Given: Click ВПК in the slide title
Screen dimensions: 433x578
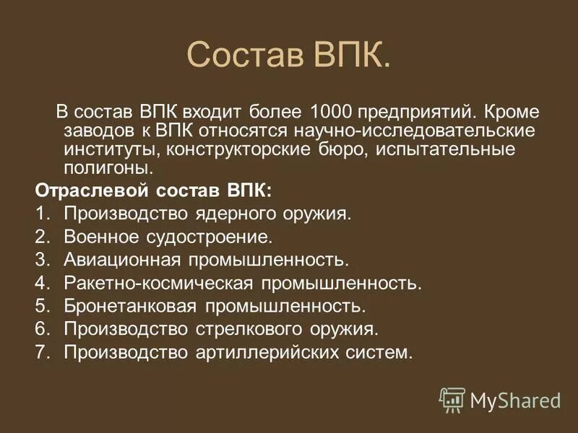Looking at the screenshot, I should click(x=351, y=56).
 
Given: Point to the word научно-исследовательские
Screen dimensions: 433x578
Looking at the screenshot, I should click(x=418, y=132).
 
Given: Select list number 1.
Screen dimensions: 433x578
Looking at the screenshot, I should click(x=41, y=214).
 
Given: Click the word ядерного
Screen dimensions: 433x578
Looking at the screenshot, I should click(x=239, y=214).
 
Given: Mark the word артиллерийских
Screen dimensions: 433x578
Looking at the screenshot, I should click(x=272, y=352).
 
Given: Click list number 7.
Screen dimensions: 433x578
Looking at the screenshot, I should click(x=41, y=352).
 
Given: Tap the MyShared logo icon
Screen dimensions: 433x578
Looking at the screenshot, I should click(x=452, y=399).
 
